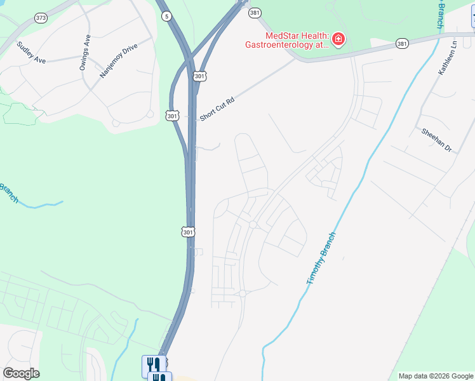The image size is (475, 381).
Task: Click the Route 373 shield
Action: click(41, 18)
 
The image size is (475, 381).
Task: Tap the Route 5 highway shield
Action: click(166, 17)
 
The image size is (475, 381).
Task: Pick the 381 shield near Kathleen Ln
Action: click(402, 43)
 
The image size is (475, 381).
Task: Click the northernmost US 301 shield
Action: click(199, 76)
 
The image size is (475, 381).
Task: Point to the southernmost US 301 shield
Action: click(188, 232)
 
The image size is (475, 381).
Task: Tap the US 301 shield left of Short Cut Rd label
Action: click(173, 116)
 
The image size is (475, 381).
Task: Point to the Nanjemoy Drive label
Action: click(118, 61)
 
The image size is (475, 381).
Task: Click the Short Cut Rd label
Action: click(217, 109)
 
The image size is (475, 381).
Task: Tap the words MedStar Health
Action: click(288, 36)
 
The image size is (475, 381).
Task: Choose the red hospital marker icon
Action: click(339, 40)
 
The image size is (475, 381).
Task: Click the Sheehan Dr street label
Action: click(436, 140)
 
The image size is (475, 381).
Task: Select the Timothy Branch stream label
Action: click(321, 258)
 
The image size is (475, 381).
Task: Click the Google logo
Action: click(21, 373)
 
